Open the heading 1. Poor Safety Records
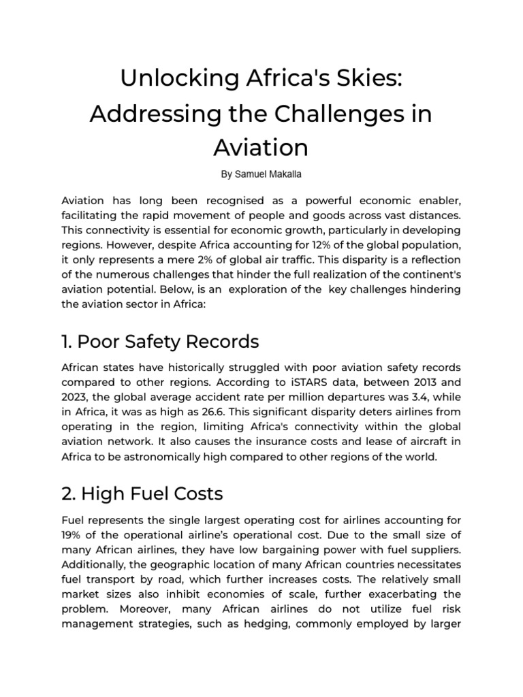160,340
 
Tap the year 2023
75,398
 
